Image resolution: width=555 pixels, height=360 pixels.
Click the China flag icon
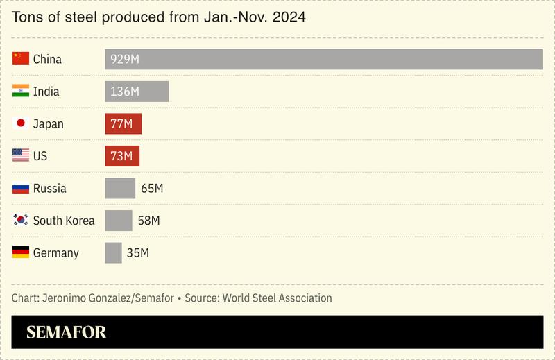tap(21, 59)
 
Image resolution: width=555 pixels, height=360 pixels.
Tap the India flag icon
tap(21, 92)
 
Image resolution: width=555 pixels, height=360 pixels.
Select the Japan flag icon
tap(21, 123)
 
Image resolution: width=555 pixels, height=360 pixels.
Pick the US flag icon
tap(21, 156)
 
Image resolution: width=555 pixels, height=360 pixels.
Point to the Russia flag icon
tap(21, 188)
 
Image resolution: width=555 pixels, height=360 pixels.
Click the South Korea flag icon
tap(21, 221)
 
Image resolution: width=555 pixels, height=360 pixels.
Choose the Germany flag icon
tap(21, 252)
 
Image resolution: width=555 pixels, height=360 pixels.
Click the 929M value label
tap(125, 60)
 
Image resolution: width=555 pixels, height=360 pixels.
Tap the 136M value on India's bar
tap(125, 92)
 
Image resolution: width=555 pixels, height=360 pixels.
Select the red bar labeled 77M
tap(123, 124)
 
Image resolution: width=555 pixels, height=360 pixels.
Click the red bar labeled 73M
tap(122, 156)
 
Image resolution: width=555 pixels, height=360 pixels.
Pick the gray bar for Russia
tap(120, 189)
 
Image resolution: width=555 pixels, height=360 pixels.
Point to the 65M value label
tap(151, 189)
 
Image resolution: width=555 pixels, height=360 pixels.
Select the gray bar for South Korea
tap(119, 221)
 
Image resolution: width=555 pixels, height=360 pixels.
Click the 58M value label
tap(148, 221)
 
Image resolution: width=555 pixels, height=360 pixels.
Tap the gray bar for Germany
tap(113, 253)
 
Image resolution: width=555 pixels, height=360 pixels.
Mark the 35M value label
tap(138, 253)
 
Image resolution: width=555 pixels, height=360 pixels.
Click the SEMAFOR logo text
tap(67, 333)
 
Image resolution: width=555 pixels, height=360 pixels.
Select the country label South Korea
tap(64, 221)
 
